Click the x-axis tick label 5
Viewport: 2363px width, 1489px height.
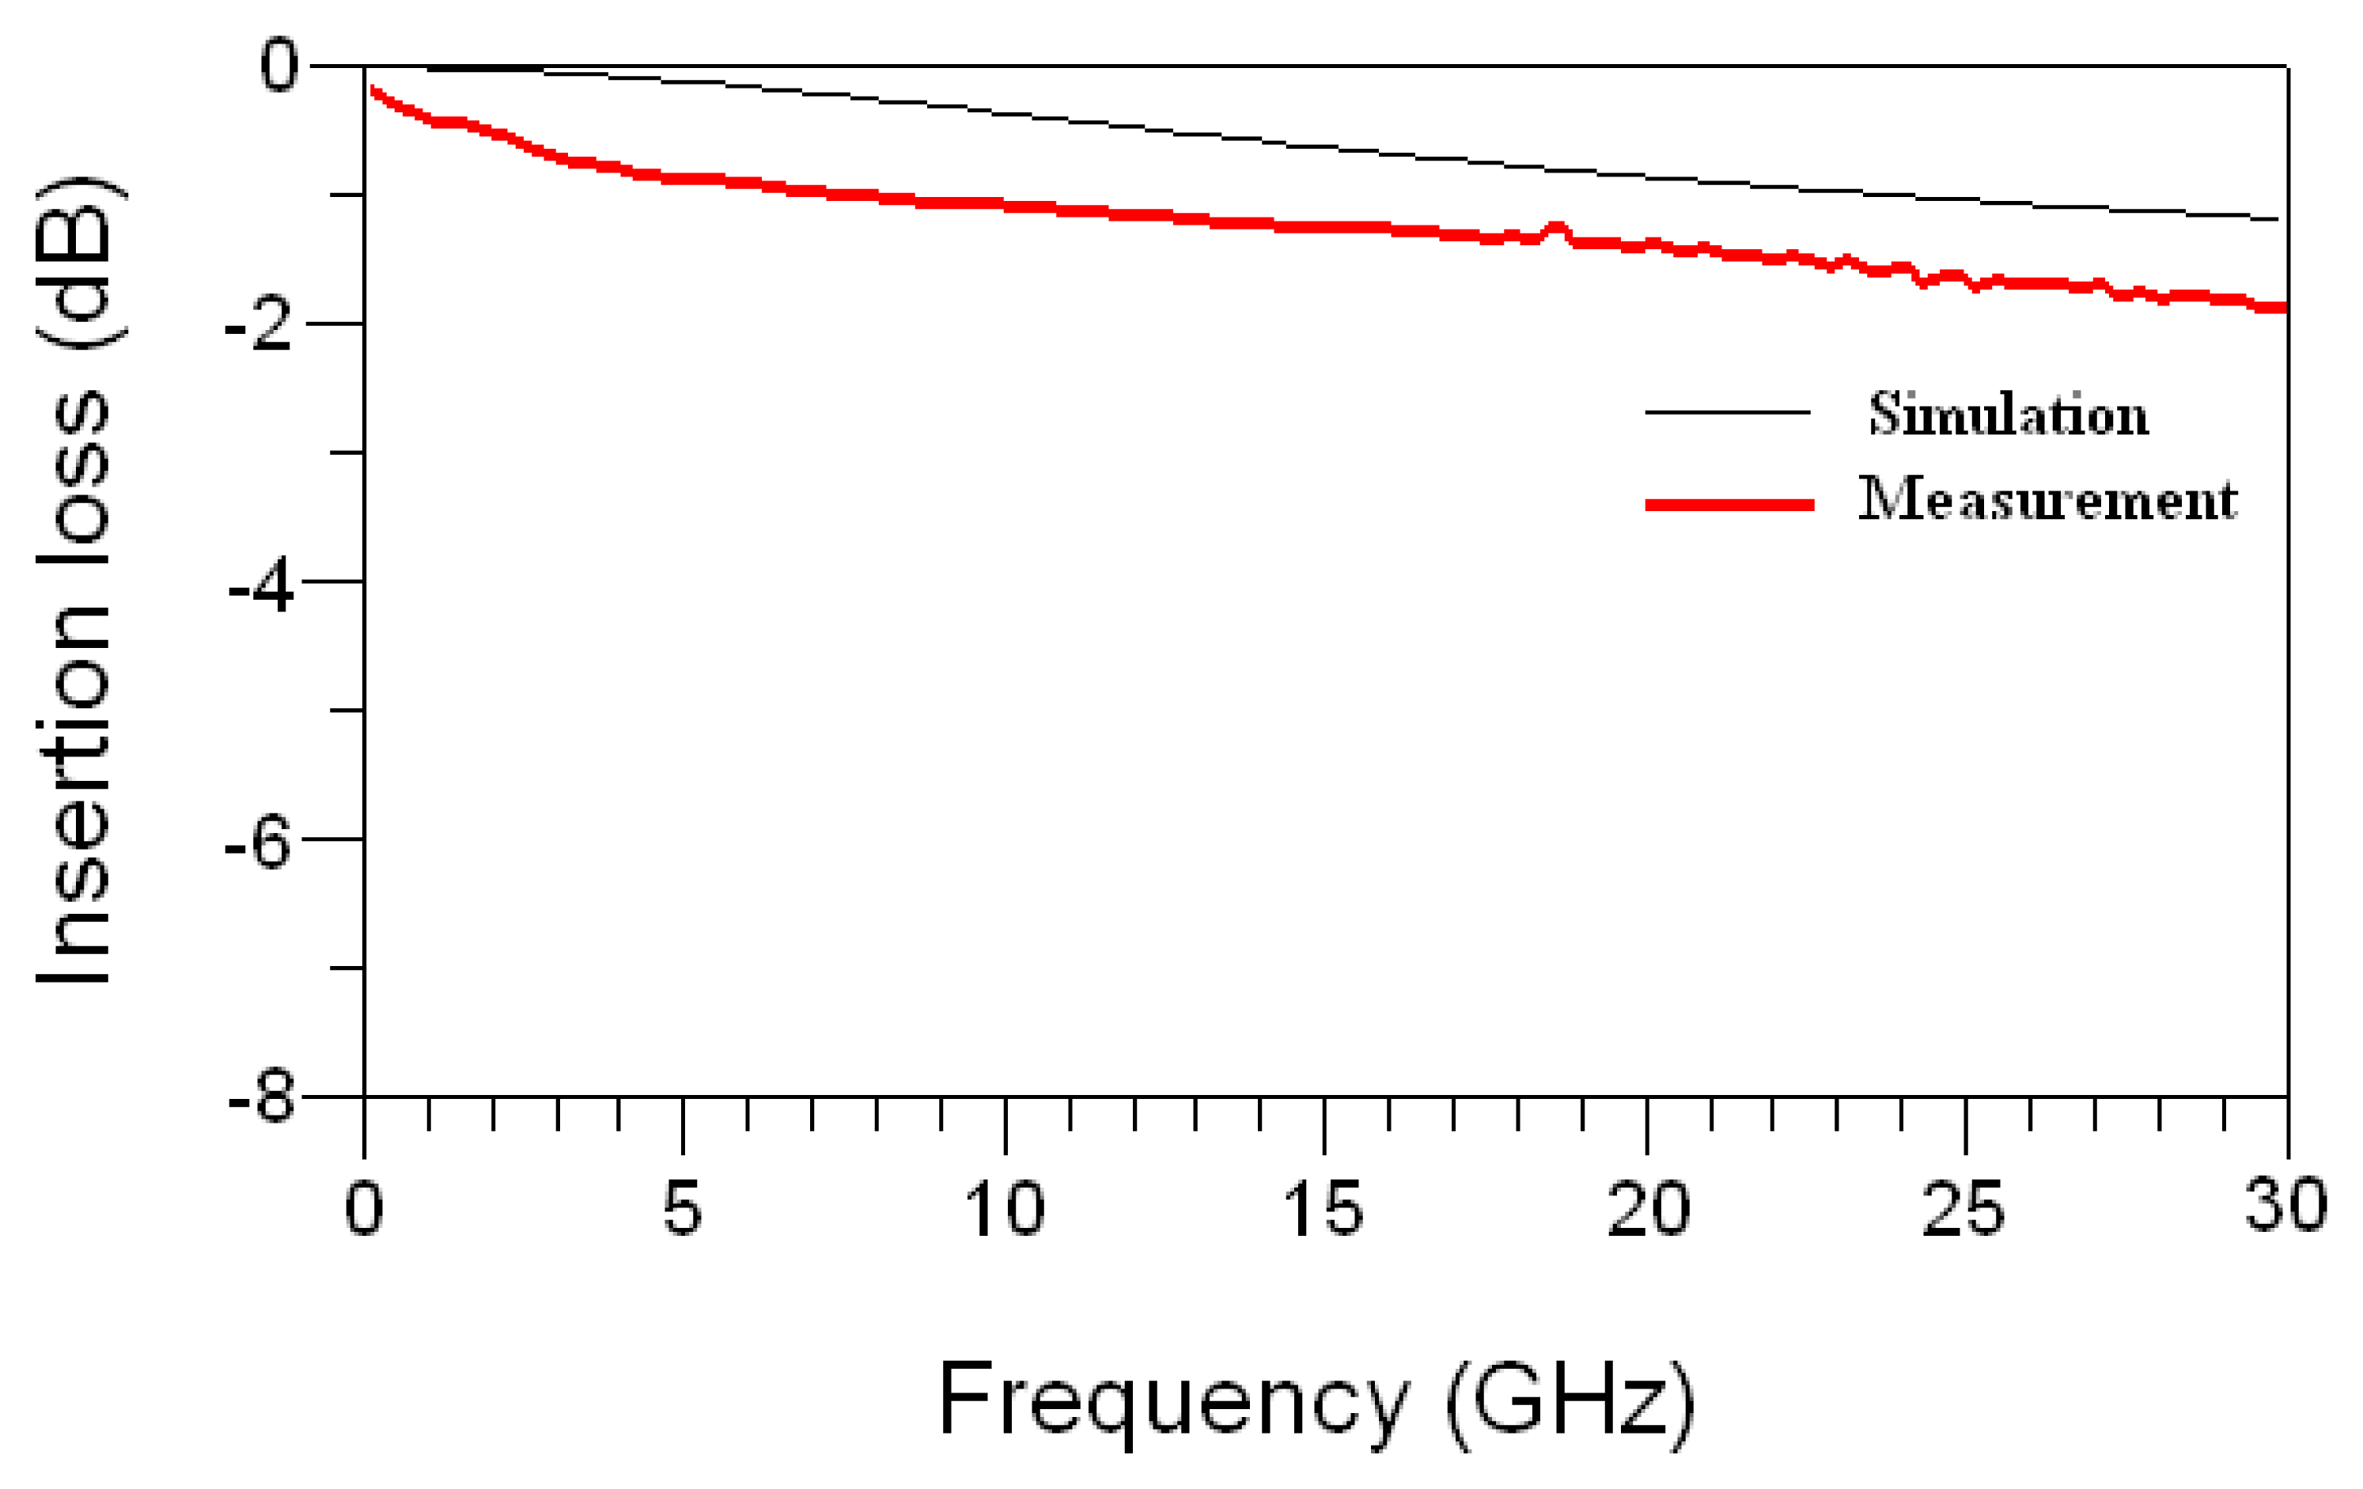tap(682, 1209)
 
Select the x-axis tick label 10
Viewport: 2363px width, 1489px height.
tap(1004, 1209)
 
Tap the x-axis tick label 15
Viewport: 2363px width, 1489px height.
tap(1323, 1209)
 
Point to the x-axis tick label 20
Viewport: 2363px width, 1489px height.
tap(1648, 1209)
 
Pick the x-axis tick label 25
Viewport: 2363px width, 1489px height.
tap(1963, 1209)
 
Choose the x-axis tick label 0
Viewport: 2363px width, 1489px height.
tap(364, 1209)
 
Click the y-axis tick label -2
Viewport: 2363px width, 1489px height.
tap(259, 326)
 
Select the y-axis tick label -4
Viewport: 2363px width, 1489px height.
tap(261, 588)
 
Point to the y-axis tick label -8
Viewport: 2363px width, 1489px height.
tap(261, 1098)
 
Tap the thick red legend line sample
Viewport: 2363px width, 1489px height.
tap(1729, 505)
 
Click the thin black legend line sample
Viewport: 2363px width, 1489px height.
tap(1727, 412)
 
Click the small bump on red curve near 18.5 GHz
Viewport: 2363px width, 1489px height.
tap(1556, 229)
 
